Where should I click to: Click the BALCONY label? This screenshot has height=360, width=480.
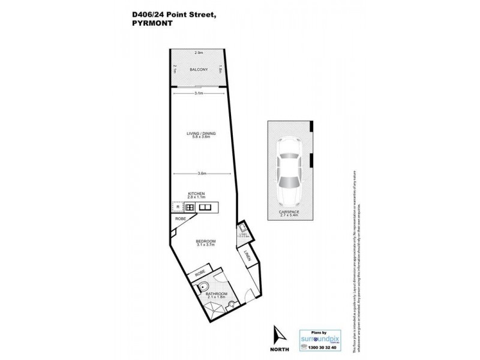tap(199, 70)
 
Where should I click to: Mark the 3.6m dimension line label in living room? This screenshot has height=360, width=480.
tap(202, 173)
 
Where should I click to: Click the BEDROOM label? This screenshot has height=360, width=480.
tap(206, 241)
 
